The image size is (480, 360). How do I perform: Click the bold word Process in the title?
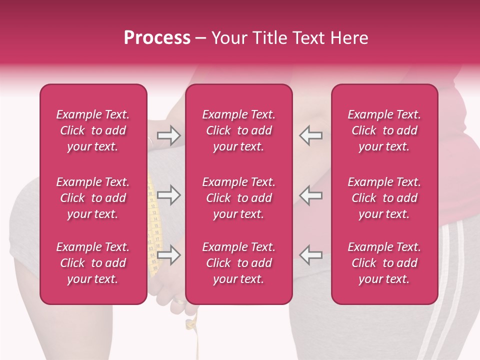(157, 38)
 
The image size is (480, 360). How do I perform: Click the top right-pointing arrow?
(168, 135)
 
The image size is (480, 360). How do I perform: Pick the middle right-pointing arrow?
(168, 195)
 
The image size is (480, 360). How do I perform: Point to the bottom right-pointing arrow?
(168, 254)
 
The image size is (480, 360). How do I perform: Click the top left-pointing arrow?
(311, 135)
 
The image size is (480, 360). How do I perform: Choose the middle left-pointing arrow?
(311, 195)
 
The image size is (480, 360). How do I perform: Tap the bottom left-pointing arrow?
(311, 254)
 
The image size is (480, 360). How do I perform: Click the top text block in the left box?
(93, 130)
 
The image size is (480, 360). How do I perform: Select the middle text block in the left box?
(93, 198)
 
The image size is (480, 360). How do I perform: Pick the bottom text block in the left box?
(93, 263)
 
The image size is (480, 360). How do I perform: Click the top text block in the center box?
(239, 130)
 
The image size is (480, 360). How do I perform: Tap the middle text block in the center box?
(239, 198)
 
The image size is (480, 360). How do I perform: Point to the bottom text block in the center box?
(239, 263)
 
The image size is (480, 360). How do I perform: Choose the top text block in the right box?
(384, 130)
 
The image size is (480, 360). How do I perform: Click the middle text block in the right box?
(384, 198)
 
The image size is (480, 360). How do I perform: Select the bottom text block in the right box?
(384, 263)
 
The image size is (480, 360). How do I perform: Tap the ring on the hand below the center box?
(178, 303)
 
